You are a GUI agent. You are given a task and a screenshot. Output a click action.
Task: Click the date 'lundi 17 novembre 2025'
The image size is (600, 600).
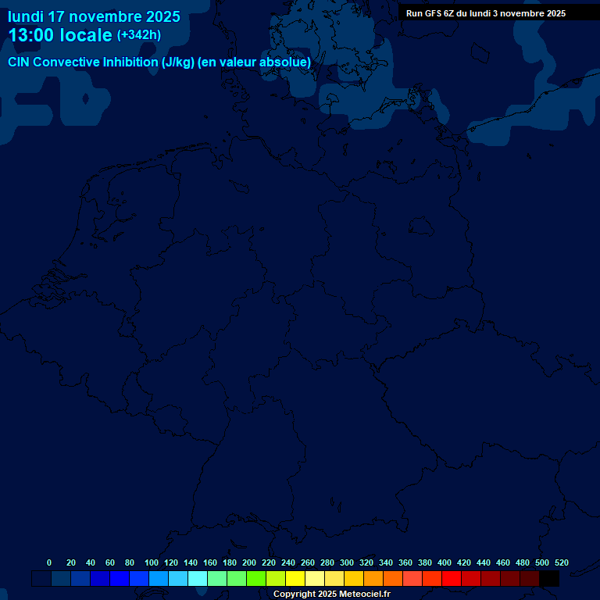pyautogui.click(x=94, y=16)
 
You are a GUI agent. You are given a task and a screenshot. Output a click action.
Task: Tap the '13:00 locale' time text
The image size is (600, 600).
pyautogui.click(x=60, y=35)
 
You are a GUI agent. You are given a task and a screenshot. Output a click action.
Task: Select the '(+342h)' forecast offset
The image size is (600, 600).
pyautogui.click(x=139, y=35)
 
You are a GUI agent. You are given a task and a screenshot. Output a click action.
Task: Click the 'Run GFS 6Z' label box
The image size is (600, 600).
pyautogui.click(x=486, y=13)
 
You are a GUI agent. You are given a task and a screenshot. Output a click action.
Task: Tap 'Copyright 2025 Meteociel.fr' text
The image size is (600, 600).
pyautogui.click(x=331, y=595)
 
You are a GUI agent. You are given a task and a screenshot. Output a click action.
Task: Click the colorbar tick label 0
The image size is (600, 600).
pyautogui.click(x=49, y=562)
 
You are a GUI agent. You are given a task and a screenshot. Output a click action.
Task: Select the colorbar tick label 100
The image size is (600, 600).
pyautogui.click(x=152, y=562)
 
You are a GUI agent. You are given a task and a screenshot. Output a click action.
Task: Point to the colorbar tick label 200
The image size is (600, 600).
pyautogui.click(x=249, y=562)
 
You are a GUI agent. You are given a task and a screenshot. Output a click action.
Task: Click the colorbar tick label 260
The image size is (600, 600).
pyautogui.click(x=308, y=562)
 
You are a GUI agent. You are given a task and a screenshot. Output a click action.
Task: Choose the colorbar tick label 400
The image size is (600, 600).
pyautogui.click(x=445, y=562)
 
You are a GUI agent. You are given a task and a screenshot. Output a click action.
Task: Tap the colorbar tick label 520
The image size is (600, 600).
pyautogui.click(x=562, y=562)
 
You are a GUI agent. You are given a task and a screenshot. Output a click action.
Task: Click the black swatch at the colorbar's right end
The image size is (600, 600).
pyautogui.click(x=549, y=579)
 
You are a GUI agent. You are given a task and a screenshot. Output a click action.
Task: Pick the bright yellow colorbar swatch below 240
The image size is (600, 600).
pyautogui.click(x=295, y=579)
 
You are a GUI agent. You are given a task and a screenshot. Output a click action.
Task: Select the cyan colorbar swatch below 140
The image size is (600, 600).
pyautogui.click(x=198, y=579)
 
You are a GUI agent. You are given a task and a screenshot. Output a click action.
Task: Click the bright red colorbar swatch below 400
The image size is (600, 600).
pyautogui.click(x=452, y=579)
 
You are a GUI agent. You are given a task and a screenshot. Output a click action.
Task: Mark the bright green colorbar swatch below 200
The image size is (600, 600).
pyautogui.click(x=256, y=579)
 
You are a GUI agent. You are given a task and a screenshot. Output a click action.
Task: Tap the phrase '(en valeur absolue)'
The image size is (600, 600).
pyautogui.click(x=255, y=62)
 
